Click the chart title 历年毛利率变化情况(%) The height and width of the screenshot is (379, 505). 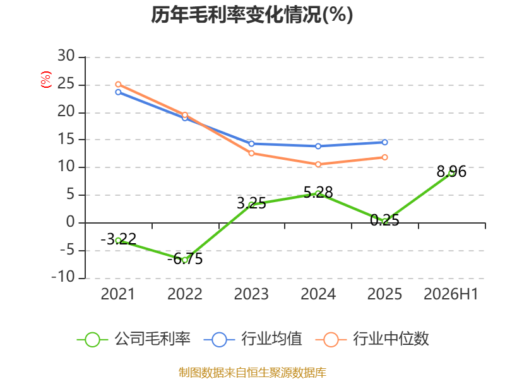[x=252, y=15]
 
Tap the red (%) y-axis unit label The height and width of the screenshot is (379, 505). [x=45, y=80]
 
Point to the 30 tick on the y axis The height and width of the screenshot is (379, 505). [x=66, y=56]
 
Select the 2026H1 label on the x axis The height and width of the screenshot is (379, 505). [x=451, y=294]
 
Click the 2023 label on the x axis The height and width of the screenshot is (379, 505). [x=251, y=294]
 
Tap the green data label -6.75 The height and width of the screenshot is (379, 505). [x=185, y=258]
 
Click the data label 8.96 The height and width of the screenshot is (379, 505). [x=451, y=171]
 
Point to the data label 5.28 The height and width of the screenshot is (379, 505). [x=318, y=193]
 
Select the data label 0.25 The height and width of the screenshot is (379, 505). [x=384, y=220]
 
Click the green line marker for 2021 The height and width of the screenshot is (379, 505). [x=118, y=241]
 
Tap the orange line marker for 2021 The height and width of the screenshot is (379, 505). [x=118, y=85]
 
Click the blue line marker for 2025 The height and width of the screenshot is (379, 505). [x=384, y=142]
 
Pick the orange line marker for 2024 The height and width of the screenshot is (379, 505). [x=318, y=164]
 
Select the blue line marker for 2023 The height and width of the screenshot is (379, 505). [x=251, y=144]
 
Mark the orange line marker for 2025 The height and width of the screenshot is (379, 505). [x=384, y=157]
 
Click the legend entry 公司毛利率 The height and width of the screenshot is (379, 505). [x=134, y=339]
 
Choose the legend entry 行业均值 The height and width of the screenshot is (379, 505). [x=253, y=339]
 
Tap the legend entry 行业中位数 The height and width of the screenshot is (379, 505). [x=372, y=339]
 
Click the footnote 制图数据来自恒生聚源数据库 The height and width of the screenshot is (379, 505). [x=252, y=373]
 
